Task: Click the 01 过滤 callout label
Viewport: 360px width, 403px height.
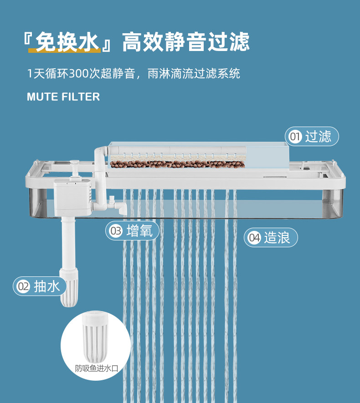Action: (x=312, y=137)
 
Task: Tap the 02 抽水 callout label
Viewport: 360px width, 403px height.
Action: (x=40, y=286)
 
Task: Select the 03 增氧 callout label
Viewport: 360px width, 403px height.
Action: (x=133, y=231)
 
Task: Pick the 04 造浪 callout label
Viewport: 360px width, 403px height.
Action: (x=271, y=237)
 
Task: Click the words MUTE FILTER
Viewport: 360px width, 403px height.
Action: (x=63, y=97)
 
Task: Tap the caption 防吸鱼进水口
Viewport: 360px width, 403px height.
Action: (x=96, y=368)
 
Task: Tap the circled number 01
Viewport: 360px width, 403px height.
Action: (x=296, y=137)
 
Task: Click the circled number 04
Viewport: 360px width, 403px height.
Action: (x=254, y=237)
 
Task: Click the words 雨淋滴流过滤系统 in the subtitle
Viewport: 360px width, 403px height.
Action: (x=194, y=73)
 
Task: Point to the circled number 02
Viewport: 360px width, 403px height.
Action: (x=23, y=286)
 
